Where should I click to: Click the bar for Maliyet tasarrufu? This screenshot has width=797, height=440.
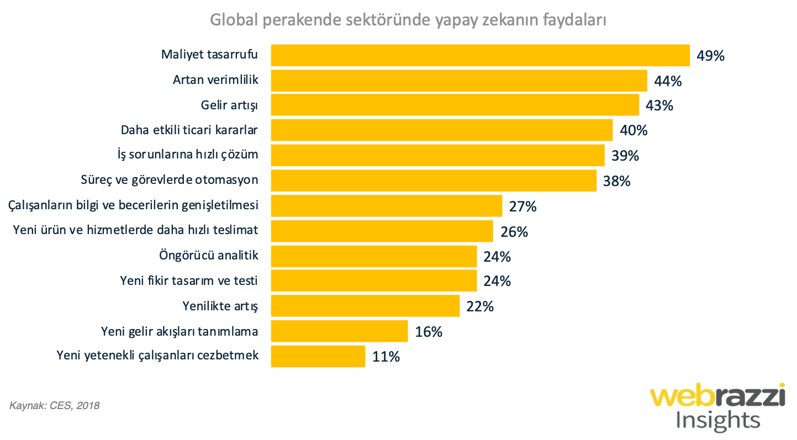(x=480, y=55)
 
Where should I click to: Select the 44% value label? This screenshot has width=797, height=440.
(x=668, y=81)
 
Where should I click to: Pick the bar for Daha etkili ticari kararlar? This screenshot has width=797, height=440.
(x=441, y=130)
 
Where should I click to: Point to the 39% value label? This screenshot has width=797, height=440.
(x=625, y=156)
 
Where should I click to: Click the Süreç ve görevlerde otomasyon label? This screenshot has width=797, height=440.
(x=170, y=181)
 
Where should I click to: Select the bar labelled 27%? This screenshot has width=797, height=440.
(x=386, y=206)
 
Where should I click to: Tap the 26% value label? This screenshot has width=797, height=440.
(x=514, y=231)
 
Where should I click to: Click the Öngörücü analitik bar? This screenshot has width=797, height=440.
(x=373, y=256)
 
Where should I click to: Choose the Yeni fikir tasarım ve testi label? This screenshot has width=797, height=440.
(x=189, y=281)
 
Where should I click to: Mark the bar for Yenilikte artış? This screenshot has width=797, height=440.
(x=365, y=306)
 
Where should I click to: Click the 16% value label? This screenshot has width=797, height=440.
(x=429, y=332)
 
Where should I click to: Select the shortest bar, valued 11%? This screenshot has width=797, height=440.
(x=318, y=356)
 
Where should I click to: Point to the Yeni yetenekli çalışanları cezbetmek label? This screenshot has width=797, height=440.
(x=157, y=356)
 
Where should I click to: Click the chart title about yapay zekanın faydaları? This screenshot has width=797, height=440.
(x=408, y=20)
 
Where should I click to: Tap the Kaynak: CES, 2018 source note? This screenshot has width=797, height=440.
(x=55, y=406)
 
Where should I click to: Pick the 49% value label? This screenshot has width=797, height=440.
(x=710, y=56)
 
